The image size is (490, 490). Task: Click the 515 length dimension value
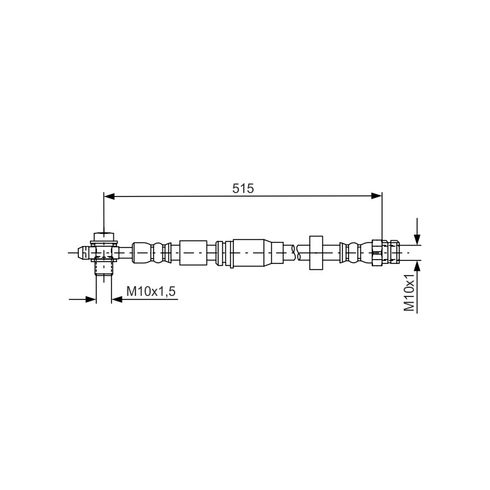(243, 189)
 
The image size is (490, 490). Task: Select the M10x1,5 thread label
(151, 292)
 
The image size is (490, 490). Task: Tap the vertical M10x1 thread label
(409, 292)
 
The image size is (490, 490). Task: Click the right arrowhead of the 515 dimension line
(376, 196)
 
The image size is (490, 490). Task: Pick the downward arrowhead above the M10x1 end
(417, 238)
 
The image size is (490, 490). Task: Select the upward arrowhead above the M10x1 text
(417, 266)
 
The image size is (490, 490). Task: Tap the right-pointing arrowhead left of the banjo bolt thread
(90, 300)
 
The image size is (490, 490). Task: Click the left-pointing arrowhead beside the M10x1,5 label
(117, 300)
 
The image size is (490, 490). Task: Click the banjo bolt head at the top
(104, 236)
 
